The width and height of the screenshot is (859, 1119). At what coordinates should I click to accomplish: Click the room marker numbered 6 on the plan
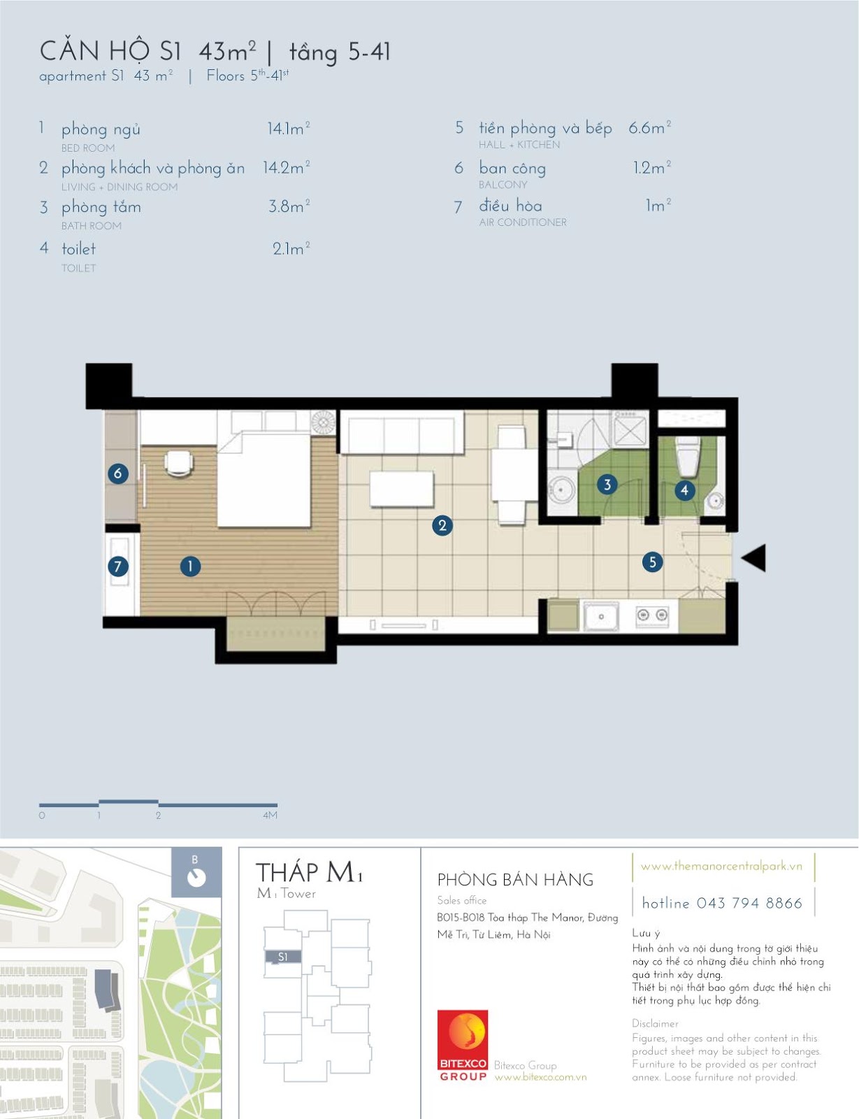point(118,473)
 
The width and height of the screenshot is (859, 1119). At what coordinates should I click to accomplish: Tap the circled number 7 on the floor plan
point(118,566)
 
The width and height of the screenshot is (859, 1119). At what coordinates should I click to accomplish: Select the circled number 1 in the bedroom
point(190,566)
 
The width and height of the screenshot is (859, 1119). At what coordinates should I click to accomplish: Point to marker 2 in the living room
point(442,525)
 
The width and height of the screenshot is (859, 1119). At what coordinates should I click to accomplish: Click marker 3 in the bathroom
point(607,484)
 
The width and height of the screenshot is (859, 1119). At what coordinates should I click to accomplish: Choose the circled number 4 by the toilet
point(684,490)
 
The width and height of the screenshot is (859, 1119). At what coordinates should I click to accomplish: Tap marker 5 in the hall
point(653,562)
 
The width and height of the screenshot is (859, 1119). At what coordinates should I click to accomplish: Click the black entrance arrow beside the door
point(754,557)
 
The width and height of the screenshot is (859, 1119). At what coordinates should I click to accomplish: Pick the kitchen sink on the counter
point(600,616)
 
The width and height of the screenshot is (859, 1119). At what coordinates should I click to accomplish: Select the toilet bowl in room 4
point(686,457)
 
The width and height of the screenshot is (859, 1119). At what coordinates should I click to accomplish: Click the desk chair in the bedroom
point(179,462)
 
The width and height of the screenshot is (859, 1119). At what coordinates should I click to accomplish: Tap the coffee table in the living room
point(401,489)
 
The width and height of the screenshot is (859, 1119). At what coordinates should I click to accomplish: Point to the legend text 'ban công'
point(512,169)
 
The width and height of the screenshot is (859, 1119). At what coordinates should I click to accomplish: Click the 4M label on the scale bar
point(270,815)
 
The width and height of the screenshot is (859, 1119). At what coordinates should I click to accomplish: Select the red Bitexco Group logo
point(463,1046)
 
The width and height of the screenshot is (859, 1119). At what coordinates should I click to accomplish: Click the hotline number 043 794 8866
point(749,903)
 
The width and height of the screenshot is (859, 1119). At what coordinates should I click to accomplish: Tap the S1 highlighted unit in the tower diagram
point(282,957)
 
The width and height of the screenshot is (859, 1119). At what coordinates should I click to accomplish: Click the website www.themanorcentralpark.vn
point(721,866)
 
